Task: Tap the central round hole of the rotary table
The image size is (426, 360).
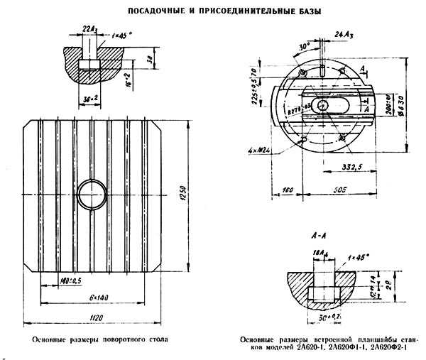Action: point(93,193)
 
